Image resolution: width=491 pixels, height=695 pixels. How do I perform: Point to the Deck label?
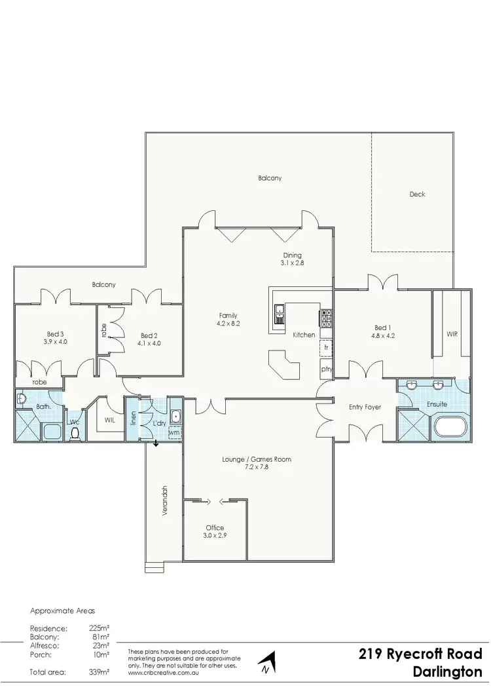pos(417,194)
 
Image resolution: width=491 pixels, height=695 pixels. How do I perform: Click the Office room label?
pos(215,527)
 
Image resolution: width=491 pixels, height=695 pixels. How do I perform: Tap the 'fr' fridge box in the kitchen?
pos(325,348)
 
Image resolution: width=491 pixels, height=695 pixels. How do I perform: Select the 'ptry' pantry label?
pos(326,369)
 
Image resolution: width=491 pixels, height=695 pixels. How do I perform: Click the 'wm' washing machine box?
pos(174,432)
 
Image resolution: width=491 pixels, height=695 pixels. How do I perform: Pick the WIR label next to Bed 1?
pos(452,333)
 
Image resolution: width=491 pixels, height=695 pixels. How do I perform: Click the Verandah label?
pos(165,501)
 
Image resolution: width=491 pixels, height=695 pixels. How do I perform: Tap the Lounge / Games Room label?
pos(257,459)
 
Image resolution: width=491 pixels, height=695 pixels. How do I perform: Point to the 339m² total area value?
pos(99,672)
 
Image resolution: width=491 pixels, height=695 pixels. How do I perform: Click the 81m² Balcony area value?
pos(100,636)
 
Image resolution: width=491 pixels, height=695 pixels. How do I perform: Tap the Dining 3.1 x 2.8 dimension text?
pos(293,262)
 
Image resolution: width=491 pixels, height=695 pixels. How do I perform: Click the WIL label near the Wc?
pos(109,421)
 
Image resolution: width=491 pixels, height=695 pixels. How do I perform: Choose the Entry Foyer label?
pos(365,407)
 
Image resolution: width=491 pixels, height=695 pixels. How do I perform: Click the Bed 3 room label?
pos(55,333)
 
